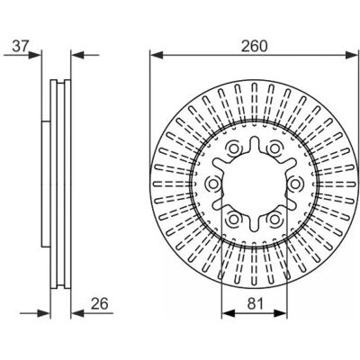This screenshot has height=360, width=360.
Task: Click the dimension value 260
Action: pyautogui.click(x=254, y=46)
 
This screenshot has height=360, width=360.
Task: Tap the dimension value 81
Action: pyautogui.click(x=256, y=303)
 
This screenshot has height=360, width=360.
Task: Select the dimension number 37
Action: pyautogui.click(x=21, y=46)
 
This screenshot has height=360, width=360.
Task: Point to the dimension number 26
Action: pyautogui.click(x=99, y=303)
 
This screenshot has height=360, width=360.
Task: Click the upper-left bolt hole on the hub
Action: pyautogui.click(x=234, y=148)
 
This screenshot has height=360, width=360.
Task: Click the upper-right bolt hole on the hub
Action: pyautogui.click(x=274, y=148)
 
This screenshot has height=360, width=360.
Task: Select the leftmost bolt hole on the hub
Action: pyautogui.click(x=213, y=184)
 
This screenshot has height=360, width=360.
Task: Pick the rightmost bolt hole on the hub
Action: pyautogui.click(x=295, y=184)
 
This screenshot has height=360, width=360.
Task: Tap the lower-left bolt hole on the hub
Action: pyautogui.click(x=234, y=220)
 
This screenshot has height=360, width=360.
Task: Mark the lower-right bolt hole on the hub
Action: pyautogui.click(x=274, y=220)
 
